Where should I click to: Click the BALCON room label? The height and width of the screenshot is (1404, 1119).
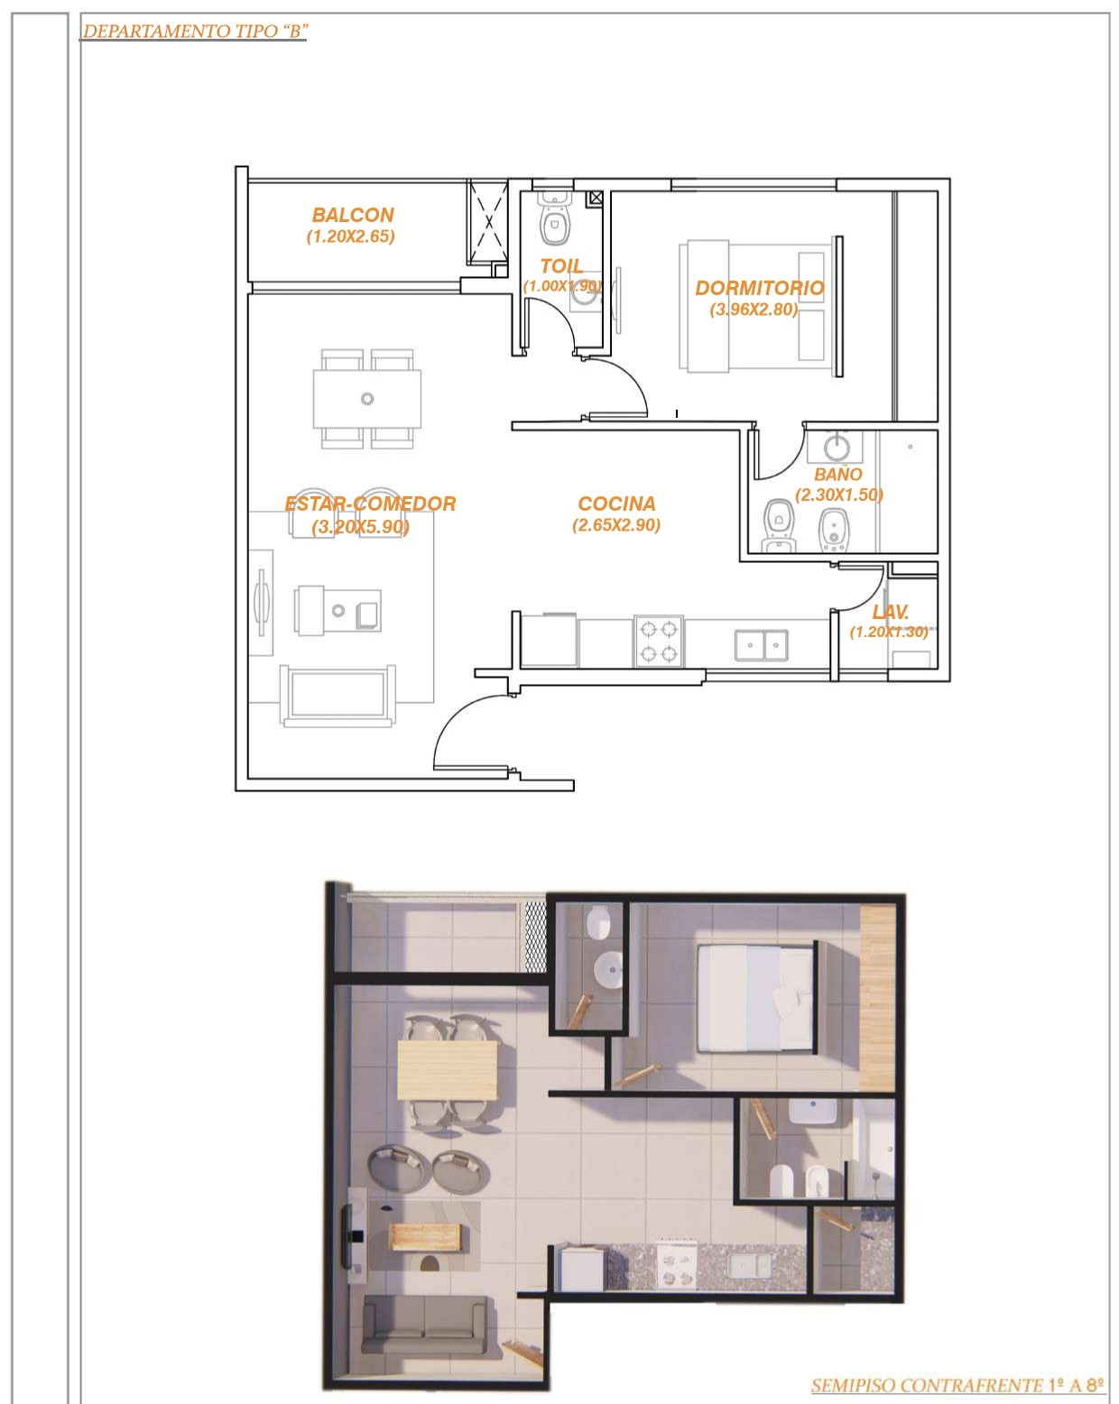[352, 215]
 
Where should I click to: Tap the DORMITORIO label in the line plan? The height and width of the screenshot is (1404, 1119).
[760, 288]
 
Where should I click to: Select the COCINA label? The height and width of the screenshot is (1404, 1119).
[616, 503]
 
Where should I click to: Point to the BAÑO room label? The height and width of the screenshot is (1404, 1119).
[837, 474]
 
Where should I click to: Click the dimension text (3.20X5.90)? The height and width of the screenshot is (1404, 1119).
[360, 526]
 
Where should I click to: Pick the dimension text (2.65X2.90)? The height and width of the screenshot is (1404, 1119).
[616, 524]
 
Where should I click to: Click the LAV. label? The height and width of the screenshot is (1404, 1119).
[890, 611]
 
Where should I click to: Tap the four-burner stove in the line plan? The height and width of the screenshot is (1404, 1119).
[659, 641]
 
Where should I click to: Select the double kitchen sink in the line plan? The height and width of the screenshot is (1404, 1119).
[761, 644]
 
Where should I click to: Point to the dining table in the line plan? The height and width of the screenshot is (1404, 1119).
[366, 399]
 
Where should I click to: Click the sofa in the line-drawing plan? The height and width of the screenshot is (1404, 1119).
[338, 695]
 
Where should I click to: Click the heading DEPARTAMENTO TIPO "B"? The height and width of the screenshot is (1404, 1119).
[194, 32]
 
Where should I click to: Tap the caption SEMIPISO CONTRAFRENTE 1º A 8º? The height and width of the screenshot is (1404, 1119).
[957, 1385]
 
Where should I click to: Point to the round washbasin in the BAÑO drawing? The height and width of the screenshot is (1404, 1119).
[836, 447]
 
